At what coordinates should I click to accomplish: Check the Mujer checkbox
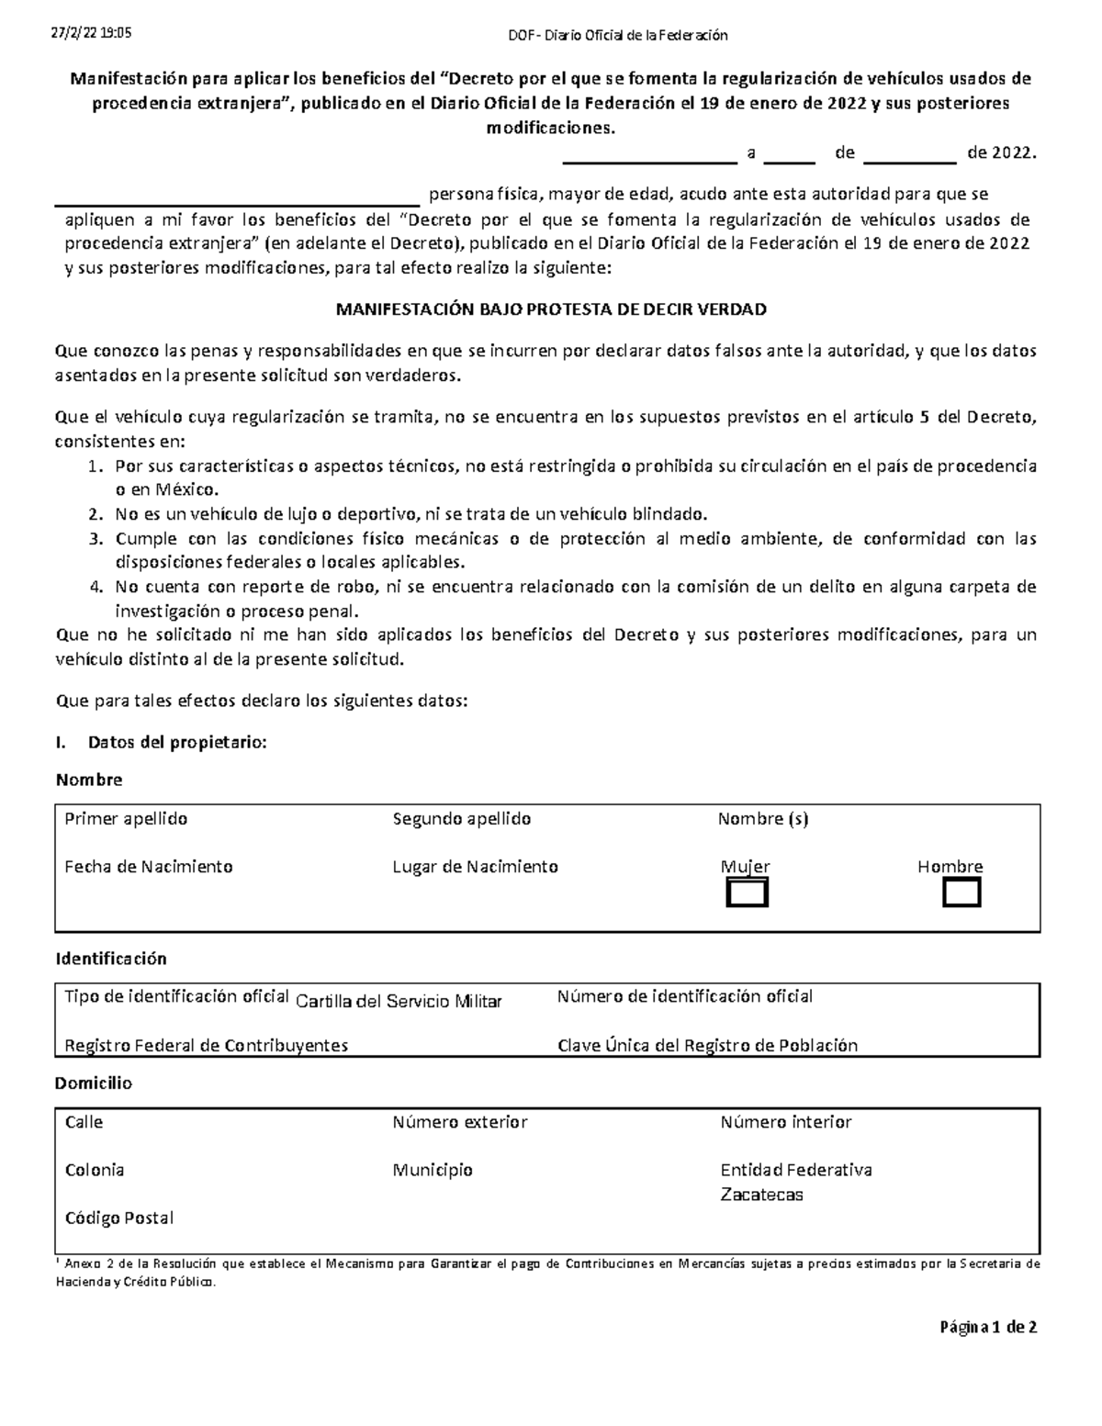[747, 893]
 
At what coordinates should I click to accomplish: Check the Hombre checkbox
[961, 893]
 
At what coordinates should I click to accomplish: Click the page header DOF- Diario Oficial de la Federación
[618, 36]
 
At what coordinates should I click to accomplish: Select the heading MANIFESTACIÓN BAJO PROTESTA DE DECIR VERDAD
[550, 309]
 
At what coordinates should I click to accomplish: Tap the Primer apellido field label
[126, 818]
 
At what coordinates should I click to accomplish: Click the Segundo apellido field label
[461, 818]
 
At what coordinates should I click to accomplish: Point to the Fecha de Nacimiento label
[148, 866]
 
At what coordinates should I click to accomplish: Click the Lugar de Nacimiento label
[475, 866]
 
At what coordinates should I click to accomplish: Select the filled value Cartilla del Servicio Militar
[399, 1002]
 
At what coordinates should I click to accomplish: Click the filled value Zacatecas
[761, 1195]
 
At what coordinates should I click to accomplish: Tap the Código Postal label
[118, 1218]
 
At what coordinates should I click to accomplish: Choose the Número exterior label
[459, 1122]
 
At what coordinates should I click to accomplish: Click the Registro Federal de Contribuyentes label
[206, 1045]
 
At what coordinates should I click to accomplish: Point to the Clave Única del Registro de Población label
[707, 1045]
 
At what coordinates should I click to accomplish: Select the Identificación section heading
[111, 959]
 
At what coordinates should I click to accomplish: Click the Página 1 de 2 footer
[987, 1327]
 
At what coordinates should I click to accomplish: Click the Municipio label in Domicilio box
[432, 1170]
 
